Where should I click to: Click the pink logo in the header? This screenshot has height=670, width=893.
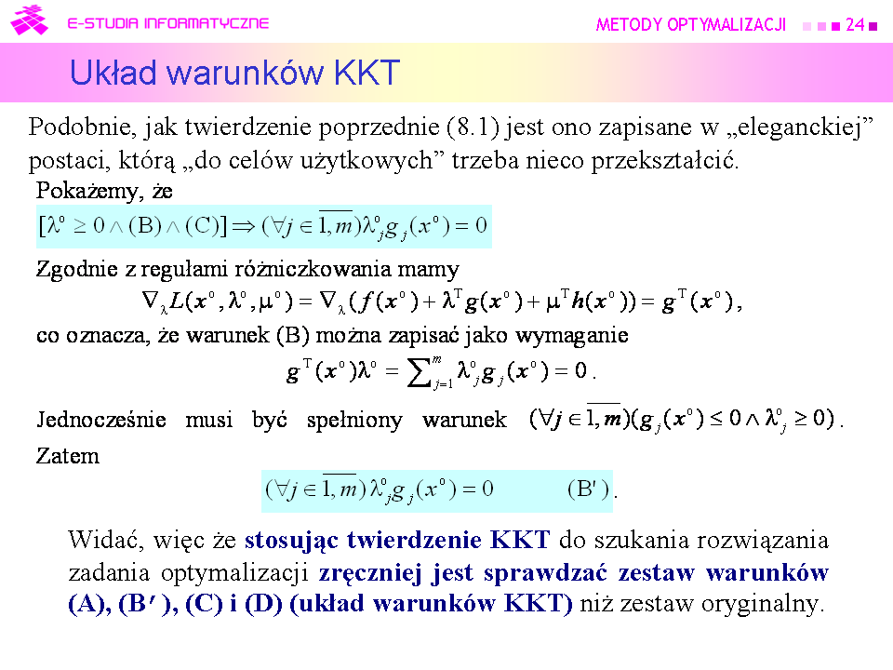tap(29, 20)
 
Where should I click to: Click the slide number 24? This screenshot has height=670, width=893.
tap(855, 24)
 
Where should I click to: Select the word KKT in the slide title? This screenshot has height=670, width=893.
tap(367, 73)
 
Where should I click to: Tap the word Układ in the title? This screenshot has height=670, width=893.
tap(113, 73)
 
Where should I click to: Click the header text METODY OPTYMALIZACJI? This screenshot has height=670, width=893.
tap(691, 24)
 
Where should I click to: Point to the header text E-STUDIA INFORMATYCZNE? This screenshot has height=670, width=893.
tap(168, 23)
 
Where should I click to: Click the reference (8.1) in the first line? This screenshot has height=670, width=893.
tap(473, 127)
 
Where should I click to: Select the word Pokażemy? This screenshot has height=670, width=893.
tap(89, 191)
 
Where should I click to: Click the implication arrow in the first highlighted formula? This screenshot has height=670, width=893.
tap(244, 227)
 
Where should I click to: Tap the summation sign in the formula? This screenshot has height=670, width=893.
tap(420, 373)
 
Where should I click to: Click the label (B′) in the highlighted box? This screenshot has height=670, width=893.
tap(588, 489)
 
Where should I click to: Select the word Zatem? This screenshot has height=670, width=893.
tap(68, 456)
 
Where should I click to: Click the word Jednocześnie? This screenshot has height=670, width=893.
tap(101, 420)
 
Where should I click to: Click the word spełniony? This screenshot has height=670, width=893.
tap(354, 421)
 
